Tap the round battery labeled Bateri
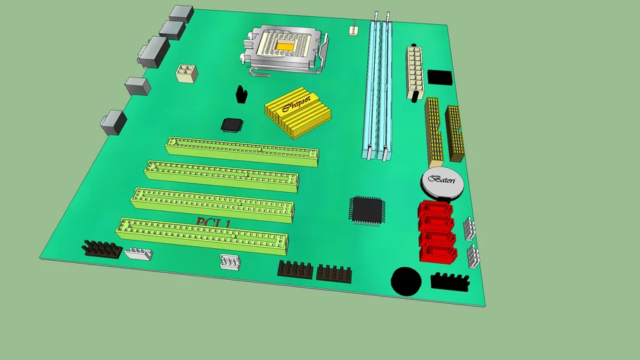(443, 184)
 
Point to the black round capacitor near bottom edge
(406, 281)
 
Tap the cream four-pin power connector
(186, 73)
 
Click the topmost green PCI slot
(242, 149)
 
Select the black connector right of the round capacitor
(450, 282)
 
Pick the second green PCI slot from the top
(222, 175)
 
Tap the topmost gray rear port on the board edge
(181, 13)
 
